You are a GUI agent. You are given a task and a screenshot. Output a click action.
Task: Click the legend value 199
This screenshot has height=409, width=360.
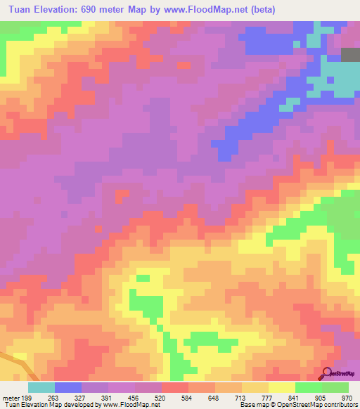click(26, 398)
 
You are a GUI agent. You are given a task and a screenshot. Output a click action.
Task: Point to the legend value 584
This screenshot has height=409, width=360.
click(188, 398)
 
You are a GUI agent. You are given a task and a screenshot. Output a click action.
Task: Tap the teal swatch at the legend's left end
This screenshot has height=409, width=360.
click(41, 387)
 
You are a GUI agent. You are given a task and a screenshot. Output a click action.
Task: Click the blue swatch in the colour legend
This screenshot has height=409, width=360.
click(67, 387)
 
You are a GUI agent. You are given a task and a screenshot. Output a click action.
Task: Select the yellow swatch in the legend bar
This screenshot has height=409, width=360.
click(281, 387)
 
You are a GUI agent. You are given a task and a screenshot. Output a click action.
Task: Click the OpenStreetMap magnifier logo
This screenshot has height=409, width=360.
click(327, 372)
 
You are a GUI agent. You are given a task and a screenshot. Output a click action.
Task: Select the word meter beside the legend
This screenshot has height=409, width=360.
click(11, 398)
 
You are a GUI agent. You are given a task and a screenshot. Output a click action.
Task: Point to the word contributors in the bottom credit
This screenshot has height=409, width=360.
click(340, 405)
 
